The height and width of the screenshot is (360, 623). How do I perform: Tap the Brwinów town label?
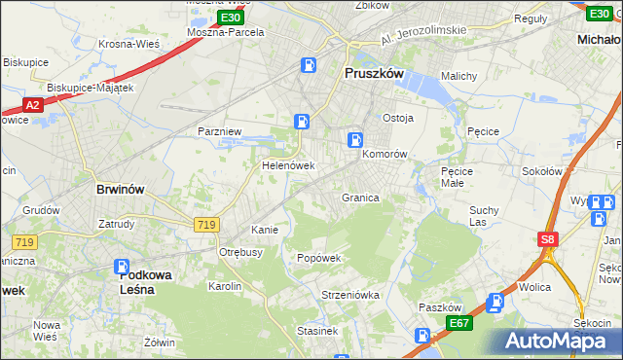121,191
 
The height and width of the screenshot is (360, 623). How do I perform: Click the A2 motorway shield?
31,105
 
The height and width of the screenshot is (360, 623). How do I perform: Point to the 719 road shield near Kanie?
205,225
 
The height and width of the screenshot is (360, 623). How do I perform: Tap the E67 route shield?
459,322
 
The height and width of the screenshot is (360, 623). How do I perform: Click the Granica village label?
359,198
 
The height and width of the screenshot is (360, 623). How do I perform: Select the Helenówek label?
287,165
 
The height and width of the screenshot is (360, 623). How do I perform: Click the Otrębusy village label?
241,251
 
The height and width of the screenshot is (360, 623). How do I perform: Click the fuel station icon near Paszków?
495,303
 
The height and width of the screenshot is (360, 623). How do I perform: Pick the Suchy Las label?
484,215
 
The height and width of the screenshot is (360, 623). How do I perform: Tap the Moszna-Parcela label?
226,31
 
